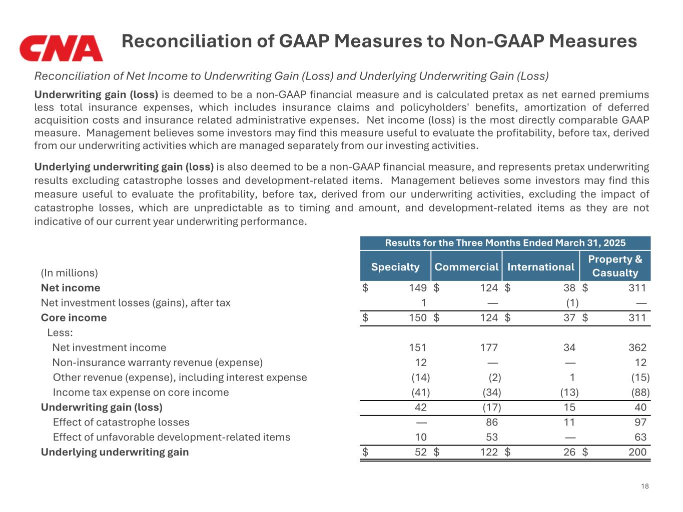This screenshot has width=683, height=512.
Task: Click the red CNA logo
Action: tap(61, 48)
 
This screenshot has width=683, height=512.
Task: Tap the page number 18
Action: tap(644, 486)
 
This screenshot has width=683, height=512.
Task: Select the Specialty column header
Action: tap(395, 266)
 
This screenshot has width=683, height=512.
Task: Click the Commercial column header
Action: tap(466, 266)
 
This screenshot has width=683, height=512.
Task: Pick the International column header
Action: tap(540, 266)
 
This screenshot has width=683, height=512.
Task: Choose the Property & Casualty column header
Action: tap(615, 266)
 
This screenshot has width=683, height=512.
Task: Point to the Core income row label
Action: tap(74, 317)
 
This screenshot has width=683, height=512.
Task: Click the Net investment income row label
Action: tap(109, 347)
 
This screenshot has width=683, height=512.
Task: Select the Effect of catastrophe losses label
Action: tap(121, 422)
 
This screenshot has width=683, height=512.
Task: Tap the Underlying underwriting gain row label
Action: tap(115, 452)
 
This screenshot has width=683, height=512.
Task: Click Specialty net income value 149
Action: tap(417, 287)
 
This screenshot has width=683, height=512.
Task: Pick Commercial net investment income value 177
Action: tap(489, 347)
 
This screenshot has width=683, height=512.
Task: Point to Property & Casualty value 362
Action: tap(637, 347)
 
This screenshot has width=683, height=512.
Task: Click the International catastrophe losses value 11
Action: tap(569, 422)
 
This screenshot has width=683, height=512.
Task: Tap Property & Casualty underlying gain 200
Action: tap(637, 452)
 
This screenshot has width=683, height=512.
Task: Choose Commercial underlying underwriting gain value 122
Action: tap(489, 452)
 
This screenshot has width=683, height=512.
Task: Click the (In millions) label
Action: tap(69, 272)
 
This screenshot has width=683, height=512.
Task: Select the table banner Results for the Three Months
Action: tap(505, 243)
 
